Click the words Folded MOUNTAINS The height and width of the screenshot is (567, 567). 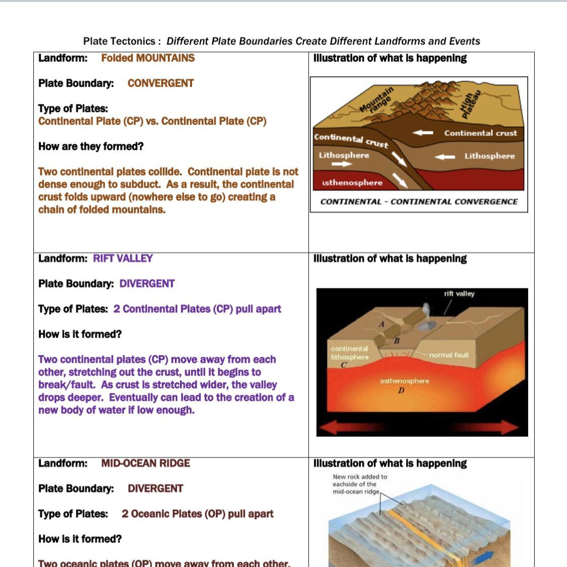click(x=148, y=58)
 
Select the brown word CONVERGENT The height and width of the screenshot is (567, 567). click(x=160, y=83)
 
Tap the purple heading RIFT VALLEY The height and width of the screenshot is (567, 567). click(x=123, y=259)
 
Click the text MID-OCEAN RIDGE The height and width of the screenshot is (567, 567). click(x=146, y=463)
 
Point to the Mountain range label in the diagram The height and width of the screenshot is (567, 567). click(x=376, y=100)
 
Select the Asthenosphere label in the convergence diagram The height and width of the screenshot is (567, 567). click(x=352, y=183)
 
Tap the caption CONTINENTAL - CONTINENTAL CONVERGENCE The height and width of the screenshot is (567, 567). click(x=419, y=202)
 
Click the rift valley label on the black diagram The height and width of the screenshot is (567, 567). click(x=459, y=294)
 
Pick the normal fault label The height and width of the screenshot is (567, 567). click(x=449, y=355)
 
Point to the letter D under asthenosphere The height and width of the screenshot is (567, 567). click(x=401, y=390)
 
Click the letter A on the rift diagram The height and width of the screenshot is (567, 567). click(x=382, y=324)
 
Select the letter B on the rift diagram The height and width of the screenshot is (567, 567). click(x=397, y=341)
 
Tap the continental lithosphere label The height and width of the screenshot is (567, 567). click(x=349, y=353)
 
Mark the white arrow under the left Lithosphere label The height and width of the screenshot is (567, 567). click(x=341, y=164)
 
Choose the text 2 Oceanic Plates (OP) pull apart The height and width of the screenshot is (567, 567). click(x=197, y=514)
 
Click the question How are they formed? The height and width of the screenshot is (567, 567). click(x=91, y=146)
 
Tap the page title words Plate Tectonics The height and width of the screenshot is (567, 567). click(x=119, y=41)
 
